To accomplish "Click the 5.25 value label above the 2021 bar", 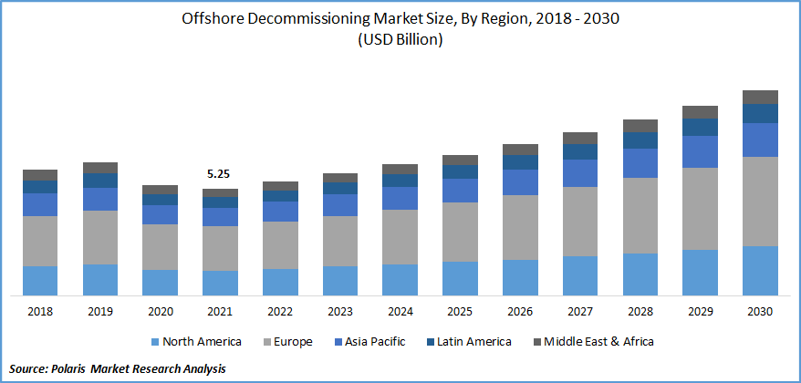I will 220,173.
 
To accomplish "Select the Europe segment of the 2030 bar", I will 760,201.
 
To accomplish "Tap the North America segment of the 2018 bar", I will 40,280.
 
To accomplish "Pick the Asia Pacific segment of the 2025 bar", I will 460,190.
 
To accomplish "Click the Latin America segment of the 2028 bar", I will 640,140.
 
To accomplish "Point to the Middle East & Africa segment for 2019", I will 100,168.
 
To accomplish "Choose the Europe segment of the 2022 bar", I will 280,244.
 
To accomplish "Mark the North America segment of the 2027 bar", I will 580,275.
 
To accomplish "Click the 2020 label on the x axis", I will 161,312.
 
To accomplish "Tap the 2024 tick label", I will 400,312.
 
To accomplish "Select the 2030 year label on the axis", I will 760,312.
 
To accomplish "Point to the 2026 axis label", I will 520,312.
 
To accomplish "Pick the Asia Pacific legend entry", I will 375,342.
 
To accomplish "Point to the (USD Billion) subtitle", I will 400,40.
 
